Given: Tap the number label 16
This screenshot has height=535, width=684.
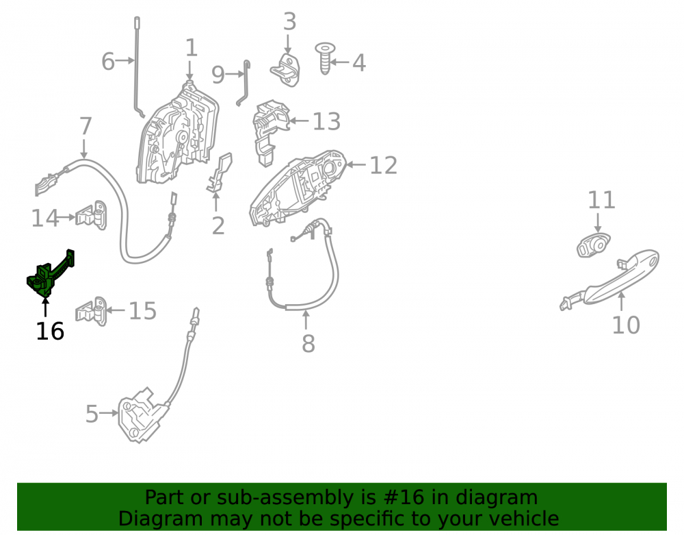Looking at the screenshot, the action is (x=50, y=331).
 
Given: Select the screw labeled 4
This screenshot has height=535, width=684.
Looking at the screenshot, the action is (x=324, y=58).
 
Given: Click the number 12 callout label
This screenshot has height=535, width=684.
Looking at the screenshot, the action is (x=384, y=165).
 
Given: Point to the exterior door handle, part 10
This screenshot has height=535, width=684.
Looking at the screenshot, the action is (x=611, y=282).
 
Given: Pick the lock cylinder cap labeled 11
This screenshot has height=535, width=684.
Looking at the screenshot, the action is (x=593, y=245).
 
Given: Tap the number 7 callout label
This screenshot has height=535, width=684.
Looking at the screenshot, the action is (x=85, y=126).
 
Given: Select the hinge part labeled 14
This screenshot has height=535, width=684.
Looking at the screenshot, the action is (x=91, y=215).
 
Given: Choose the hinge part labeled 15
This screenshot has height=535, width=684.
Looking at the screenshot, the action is (x=91, y=311).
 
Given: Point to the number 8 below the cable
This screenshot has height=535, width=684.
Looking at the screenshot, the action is (x=308, y=343).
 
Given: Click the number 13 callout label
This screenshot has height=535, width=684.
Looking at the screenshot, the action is (x=326, y=121).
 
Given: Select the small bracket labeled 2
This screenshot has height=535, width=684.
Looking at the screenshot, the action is (x=220, y=173).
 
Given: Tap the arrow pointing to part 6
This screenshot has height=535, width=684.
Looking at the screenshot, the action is (x=125, y=60).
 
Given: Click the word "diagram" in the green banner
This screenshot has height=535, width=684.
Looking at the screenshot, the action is (x=497, y=498).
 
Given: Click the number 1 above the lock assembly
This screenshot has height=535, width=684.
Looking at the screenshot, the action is (x=192, y=47).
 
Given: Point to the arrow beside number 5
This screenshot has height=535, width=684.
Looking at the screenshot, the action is (x=109, y=412).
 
